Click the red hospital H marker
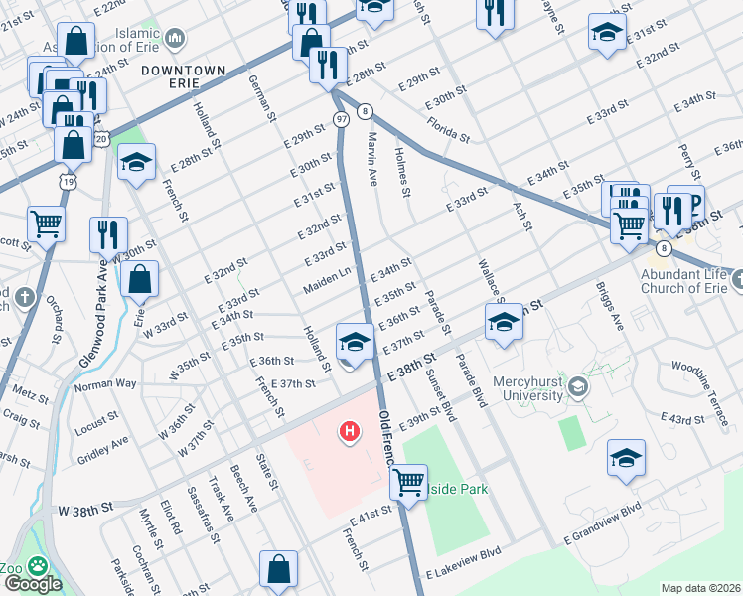(350, 432)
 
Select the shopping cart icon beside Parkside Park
(408, 482)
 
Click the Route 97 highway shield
(340, 120)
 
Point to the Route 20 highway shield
(101, 141)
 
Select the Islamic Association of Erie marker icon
(176, 39)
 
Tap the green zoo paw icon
(38, 565)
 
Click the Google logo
(32, 584)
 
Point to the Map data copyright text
(699, 588)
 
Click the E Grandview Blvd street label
(603, 524)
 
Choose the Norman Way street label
(105, 383)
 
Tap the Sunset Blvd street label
(439, 394)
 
